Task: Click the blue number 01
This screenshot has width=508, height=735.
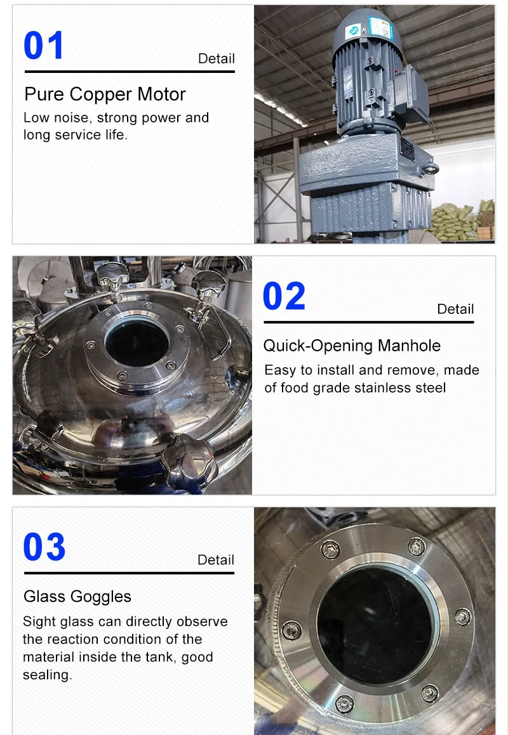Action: coord(44,46)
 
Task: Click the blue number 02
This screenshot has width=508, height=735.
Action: coord(284,296)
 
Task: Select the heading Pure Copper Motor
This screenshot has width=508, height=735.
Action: coord(105,94)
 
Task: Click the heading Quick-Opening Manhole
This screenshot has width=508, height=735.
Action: coord(352,346)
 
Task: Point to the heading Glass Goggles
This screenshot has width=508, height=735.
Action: coord(77,597)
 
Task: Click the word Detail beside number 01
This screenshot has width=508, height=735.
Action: coord(217,58)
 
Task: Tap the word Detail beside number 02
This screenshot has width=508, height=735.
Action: coord(455,309)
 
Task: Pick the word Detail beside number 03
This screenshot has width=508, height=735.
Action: coord(216,560)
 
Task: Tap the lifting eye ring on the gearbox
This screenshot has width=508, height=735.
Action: coord(431,168)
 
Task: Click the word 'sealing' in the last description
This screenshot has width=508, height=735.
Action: coord(46,675)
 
